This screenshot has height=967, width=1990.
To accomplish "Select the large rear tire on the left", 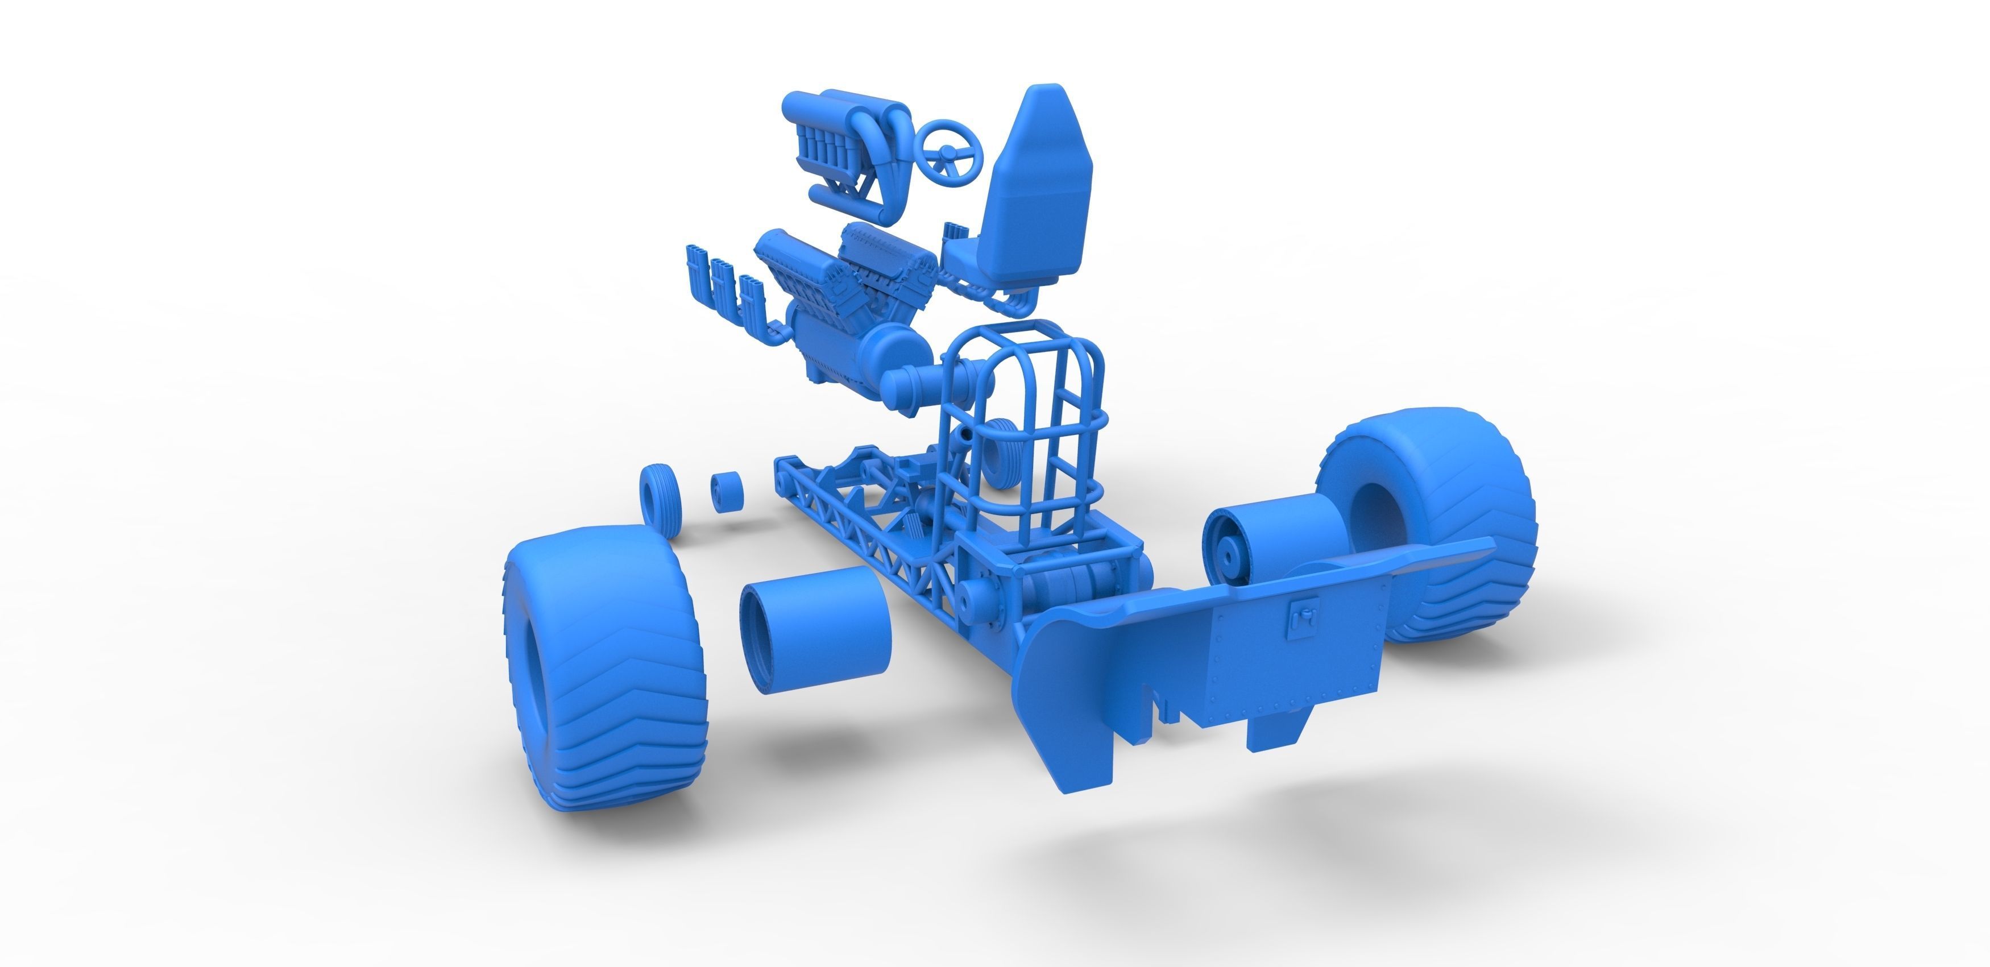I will (599, 672).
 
